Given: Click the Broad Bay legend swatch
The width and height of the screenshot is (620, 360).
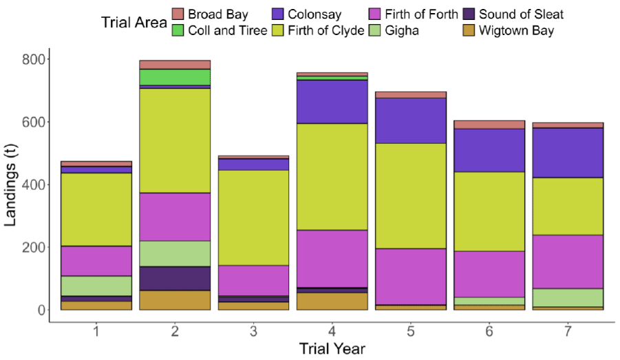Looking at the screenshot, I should click(x=178, y=14).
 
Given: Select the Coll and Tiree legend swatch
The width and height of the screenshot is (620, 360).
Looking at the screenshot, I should click(x=178, y=30).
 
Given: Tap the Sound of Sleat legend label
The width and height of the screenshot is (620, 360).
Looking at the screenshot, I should click(x=521, y=14).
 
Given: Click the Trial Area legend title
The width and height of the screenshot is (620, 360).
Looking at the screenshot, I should click(x=134, y=22).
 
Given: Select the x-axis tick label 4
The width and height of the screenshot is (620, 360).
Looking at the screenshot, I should click(x=332, y=332).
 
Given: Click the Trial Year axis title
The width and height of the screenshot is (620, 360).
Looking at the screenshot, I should click(x=332, y=349).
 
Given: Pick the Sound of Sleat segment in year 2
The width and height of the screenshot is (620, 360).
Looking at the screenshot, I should click(x=175, y=278).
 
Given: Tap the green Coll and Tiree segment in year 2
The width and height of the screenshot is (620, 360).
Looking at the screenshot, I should click(x=175, y=77).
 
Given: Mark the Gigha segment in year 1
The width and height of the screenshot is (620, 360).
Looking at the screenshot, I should click(x=96, y=286).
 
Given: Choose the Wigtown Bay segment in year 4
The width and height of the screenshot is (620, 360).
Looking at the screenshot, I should click(x=332, y=301).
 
